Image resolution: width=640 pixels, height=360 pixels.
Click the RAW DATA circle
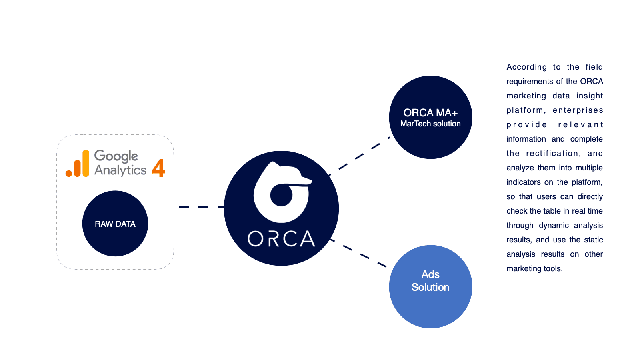click(x=115, y=224)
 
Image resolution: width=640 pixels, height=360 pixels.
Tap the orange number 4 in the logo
click(x=158, y=168)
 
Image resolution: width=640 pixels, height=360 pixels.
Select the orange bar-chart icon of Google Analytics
click(x=78, y=164)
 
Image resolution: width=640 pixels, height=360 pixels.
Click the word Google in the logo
click(x=116, y=156)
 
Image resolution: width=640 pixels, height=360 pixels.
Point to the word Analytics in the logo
click(x=120, y=170)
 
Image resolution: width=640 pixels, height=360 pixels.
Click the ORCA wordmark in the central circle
click(x=281, y=239)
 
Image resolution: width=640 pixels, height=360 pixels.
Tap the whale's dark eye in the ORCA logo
click(x=281, y=195)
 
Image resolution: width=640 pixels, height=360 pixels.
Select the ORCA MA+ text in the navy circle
click(x=430, y=113)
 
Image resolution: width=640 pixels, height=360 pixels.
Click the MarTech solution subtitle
click(x=430, y=124)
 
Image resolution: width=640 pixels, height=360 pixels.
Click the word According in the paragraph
click(x=526, y=67)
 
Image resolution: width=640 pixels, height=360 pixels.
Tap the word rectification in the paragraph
click(x=552, y=154)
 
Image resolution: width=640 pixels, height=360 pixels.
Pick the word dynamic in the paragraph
click(x=554, y=226)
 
